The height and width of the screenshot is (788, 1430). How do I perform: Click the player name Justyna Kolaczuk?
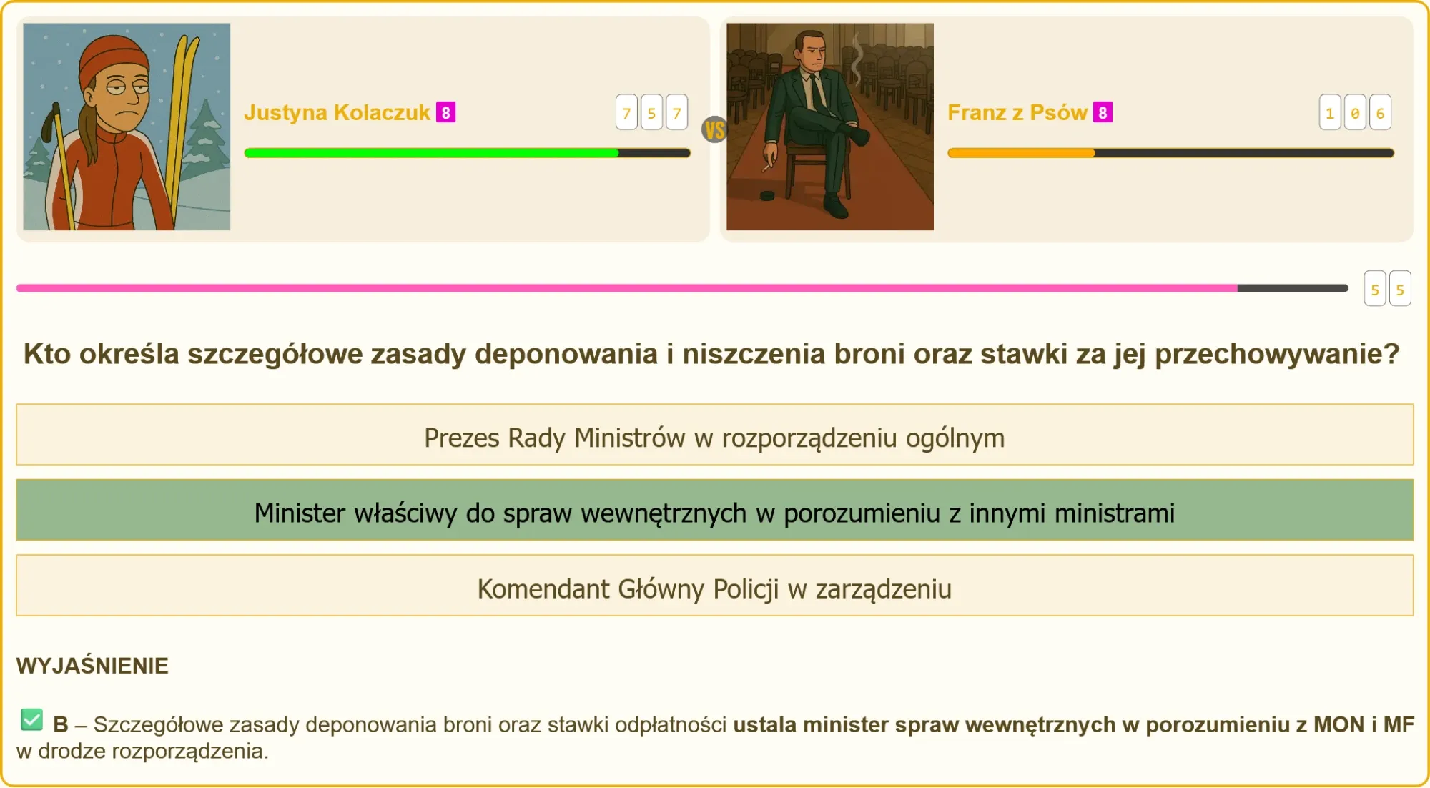coord(337,113)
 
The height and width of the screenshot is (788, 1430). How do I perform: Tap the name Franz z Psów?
coord(1017,113)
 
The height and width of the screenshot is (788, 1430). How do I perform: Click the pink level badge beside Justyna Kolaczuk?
coord(446,112)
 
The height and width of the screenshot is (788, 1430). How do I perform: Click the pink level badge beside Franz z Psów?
coord(1103,112)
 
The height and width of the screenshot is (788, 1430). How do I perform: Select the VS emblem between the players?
coord(714,129)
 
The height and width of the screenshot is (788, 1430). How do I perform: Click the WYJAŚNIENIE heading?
coord(92,666)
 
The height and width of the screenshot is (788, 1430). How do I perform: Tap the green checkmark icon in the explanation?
coord(31,719)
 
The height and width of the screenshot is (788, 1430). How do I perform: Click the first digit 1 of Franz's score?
coord(1330,112)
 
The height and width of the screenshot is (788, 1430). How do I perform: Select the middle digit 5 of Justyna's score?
coord(651,112)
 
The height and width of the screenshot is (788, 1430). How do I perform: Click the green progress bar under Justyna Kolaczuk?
coord(431,152)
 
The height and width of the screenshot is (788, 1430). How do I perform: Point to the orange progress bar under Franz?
coord(1021,152)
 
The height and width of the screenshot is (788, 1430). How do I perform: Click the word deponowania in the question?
coord(566,354)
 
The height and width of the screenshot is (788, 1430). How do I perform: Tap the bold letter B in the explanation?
coord(61,724)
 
